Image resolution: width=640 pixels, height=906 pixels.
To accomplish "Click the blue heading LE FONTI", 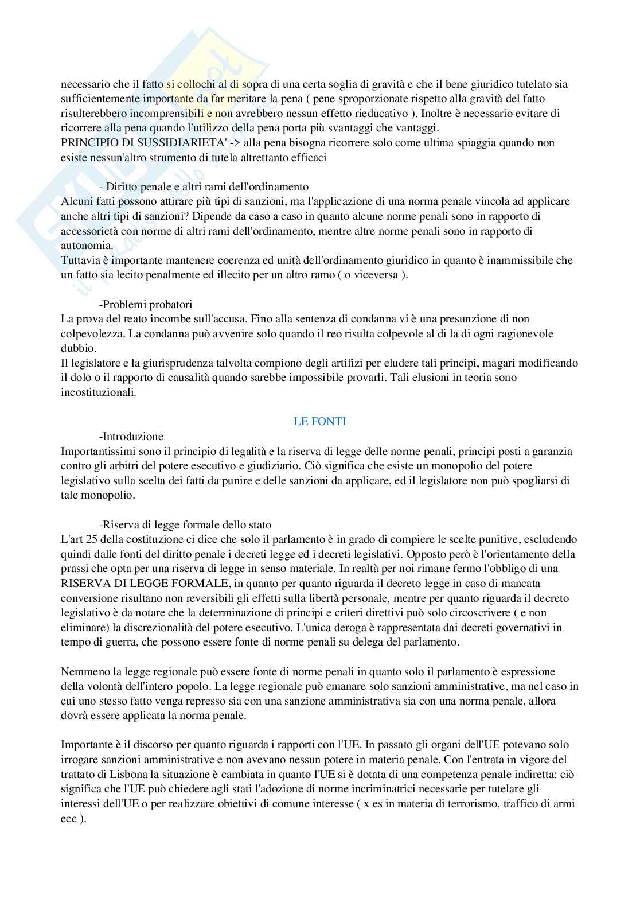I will [x=319, y=421].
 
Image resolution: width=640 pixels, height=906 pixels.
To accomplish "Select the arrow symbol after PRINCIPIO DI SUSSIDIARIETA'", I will [x=236, y=143].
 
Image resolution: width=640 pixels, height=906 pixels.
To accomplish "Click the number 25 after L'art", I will [x=89, y=539].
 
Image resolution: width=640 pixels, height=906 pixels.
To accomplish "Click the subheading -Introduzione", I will [x=131, y=436].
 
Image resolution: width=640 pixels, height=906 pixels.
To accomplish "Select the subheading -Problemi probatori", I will [x=146, y=304].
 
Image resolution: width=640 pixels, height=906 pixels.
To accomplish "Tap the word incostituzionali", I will [x=99, y=392].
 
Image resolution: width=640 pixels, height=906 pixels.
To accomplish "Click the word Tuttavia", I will [x=80, y=260].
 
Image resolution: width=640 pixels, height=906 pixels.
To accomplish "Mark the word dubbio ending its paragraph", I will [x=79, y=348].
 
